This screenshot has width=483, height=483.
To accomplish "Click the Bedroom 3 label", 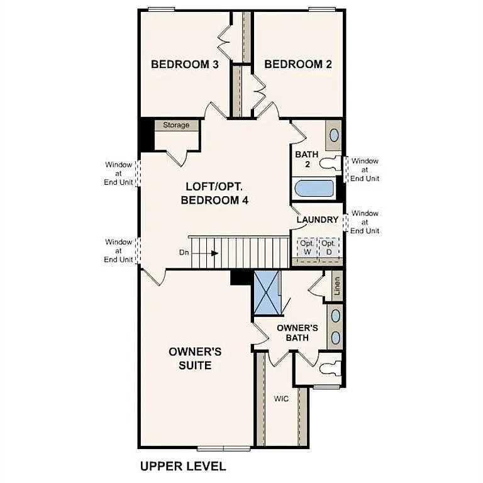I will pyautogui.click(x=185, y=64).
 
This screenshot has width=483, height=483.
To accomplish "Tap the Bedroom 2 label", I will pyautogui.click(x=298, y=64).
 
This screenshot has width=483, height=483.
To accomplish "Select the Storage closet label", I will pyautogui.click(x=176, y=125).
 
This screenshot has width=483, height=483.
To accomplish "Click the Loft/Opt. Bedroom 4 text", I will pyautogui.click(x=214, y=194).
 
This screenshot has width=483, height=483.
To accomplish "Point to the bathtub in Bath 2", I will pyautogui.click(x=314, y=189).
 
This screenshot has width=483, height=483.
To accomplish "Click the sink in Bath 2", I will pyautogui.click(x=334, y=135).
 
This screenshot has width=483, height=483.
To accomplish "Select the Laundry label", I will pyautogui.click(x=318, y=219).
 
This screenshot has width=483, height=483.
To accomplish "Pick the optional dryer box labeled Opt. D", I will pyautogui.click(x=328, y=247).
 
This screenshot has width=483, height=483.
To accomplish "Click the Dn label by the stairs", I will pyautogui.click(x=184, y=253).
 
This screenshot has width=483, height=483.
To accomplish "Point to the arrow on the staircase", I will pyautogui.click(x=214, y=253).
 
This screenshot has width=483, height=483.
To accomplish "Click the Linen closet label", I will pyautogui.click(x=337, y=286).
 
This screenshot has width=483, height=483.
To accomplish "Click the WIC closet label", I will pyautogui.click(x=281, y=399).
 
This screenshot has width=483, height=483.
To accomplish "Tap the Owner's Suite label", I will pyautogui.click(x=189, y=358).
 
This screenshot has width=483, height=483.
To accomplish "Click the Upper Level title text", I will pyautogui.click(x=182, y=466).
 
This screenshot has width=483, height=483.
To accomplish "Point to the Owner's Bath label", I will pyautogui.click(x=297, y=333).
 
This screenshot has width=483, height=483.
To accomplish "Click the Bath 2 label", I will pyautogui.click(x=307, y=159).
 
